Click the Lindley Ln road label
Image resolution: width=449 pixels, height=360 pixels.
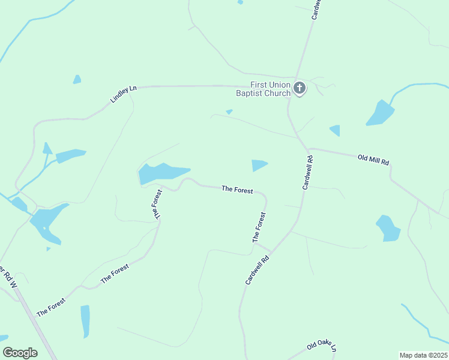(124, 94)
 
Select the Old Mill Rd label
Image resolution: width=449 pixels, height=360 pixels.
(373, 160)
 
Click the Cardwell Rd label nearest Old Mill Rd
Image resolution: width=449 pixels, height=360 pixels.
(308, 173)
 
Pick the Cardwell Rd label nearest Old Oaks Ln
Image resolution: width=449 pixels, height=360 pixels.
(257, 268)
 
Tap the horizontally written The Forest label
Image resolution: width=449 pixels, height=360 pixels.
(236, 189)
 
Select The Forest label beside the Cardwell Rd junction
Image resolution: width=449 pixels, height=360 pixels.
(259, 227)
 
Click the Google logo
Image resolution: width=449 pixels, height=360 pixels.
(20, 353)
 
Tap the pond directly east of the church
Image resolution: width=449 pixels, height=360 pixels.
(380, 113)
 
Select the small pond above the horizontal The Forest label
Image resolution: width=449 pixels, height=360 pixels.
(259, 164)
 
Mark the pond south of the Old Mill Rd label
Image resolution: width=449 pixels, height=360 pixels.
(388, 229)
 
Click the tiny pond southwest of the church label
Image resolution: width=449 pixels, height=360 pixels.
(229, 112)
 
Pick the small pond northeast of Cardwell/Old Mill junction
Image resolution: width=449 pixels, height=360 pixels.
(335, 130)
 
